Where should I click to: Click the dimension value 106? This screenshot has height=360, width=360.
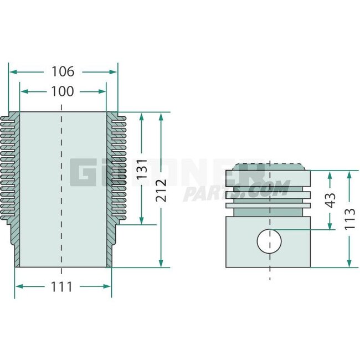[62, 71]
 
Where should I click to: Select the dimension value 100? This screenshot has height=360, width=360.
[62, 91]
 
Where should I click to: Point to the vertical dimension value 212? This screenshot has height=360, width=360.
[161, 190]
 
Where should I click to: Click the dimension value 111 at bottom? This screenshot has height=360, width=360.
[62, 286]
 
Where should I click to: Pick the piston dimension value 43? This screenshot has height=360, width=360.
[331, 200]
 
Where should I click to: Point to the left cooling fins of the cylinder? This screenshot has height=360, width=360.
[9, 166]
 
